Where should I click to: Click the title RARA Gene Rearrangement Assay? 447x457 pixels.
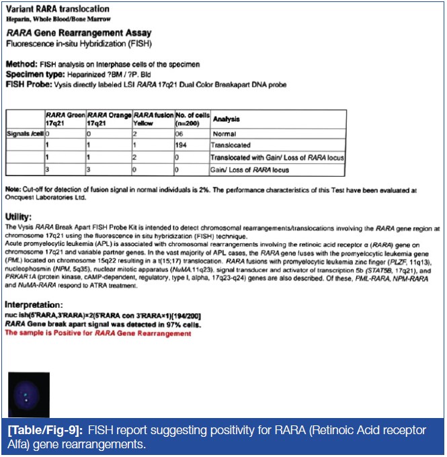tap(78, 33)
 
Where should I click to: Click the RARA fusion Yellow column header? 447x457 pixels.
tap(152, 118)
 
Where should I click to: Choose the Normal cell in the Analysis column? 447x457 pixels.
tap(225, 133)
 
